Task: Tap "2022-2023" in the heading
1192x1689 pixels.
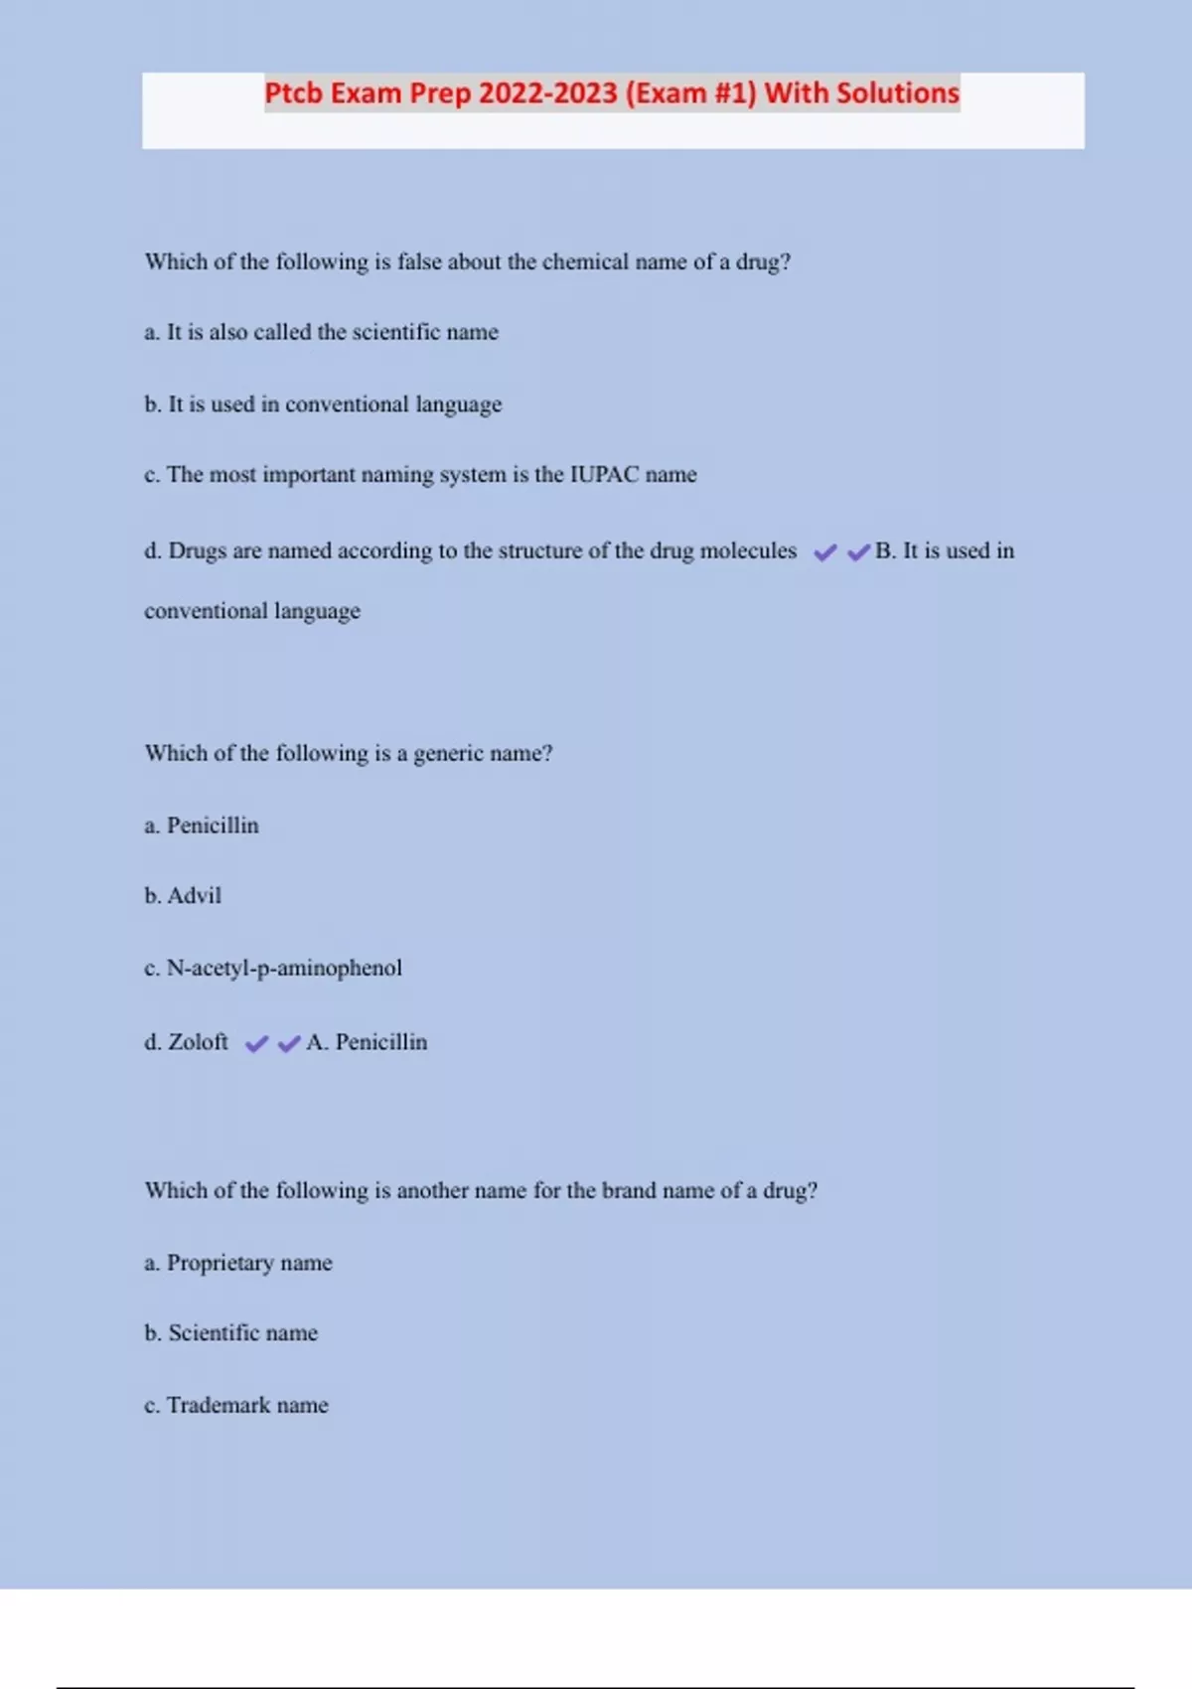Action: [547, 93]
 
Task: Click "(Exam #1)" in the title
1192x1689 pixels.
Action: [690, 93]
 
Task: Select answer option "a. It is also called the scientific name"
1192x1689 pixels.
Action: [321, 332]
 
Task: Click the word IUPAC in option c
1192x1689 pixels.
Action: [604, 475]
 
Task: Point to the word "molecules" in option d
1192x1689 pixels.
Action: [748, 550]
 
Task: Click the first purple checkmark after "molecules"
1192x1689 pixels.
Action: [825, 552]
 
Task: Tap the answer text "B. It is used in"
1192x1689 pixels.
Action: [945, 550]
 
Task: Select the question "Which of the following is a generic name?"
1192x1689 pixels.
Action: [349, 753]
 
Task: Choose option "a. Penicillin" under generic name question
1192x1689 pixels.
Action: [202, 826]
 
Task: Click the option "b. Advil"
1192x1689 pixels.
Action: [183, 896]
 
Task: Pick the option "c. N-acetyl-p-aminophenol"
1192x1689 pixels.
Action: [273, 968]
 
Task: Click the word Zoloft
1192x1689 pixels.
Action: [198, 1042]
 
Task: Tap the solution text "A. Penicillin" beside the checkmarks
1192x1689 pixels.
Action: [367, 1042]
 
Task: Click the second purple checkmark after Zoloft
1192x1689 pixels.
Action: [289, 1044]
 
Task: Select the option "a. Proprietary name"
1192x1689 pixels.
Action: [238, 1263]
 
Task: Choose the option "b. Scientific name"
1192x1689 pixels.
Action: [231, 1333]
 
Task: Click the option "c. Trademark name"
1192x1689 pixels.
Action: [236, 1405]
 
